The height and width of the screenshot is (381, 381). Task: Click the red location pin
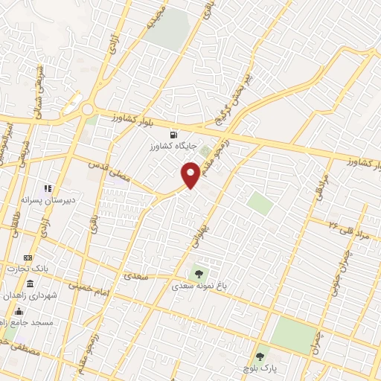(191, 174)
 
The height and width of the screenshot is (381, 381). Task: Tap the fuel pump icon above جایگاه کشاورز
(173, 135)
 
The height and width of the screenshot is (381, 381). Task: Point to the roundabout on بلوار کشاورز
(88, 110)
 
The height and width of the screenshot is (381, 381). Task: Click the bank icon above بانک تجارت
(28, 257)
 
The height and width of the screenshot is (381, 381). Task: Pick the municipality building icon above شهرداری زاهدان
(30, 285)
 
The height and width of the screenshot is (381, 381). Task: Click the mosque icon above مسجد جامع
(19, 310)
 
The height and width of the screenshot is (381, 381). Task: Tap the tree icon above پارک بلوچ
(260, 356)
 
